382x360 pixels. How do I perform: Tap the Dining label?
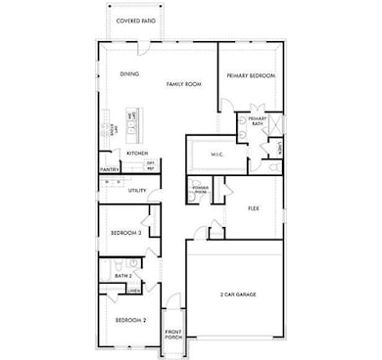129,73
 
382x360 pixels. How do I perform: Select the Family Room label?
178,84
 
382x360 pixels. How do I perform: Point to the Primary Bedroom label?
250,75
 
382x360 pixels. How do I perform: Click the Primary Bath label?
257,120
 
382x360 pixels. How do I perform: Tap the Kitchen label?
136,152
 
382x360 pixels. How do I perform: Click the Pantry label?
110,169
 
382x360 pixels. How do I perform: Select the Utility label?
137,190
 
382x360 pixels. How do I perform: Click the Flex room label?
253,208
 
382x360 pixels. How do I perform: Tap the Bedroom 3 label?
126,233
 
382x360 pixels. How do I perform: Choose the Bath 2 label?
122,276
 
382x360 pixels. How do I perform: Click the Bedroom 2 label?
130,320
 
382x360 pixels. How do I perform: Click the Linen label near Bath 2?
132,291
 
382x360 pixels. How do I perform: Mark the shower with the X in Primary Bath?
275,124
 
